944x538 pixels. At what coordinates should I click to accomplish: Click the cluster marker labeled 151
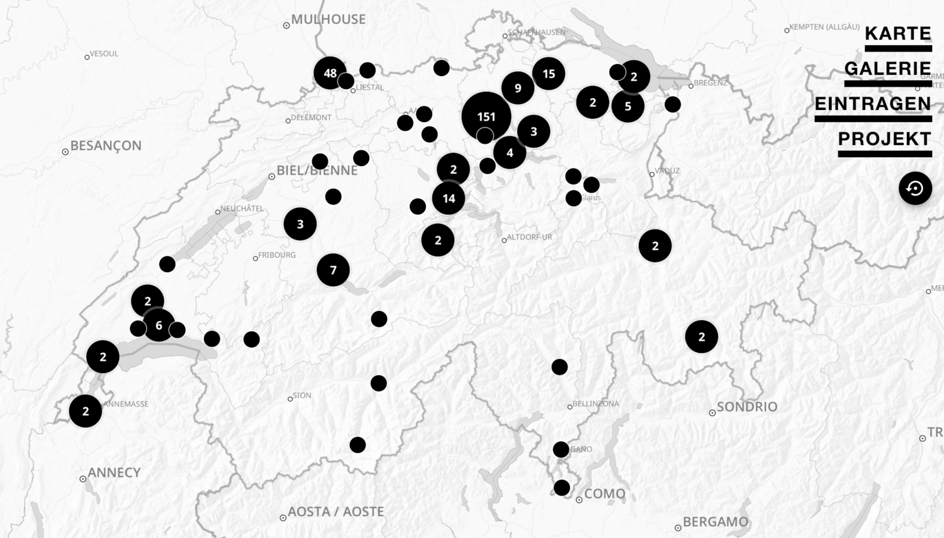(486, 116)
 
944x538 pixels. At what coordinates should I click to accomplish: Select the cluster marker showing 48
(330, 73)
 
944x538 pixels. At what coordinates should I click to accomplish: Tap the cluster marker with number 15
(549, 74)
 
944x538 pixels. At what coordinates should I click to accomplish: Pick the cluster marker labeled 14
(449, 199)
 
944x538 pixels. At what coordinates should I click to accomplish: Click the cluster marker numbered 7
(333, 270)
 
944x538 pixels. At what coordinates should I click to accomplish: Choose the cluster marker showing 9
(518, 88)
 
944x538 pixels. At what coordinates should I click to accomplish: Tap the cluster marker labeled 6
(159, 326)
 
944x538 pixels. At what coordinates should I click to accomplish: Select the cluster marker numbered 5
(627, 106)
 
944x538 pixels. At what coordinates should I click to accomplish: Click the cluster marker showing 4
(510, 152)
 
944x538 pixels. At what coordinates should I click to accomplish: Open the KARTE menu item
(897, 33)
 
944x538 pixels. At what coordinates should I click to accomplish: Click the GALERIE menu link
(887, 69)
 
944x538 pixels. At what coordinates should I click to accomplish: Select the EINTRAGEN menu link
(873, 104)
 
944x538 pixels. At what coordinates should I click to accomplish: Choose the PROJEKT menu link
(884, 139)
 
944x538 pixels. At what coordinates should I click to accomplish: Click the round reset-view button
(915, 188)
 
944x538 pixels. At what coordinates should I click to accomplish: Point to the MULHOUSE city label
(328, 19)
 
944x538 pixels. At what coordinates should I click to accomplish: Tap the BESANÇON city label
(105, 146)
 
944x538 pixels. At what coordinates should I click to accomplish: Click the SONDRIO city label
(746, 407)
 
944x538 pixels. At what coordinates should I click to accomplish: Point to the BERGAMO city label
(715, 522)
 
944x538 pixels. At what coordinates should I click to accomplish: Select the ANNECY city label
(114, 473)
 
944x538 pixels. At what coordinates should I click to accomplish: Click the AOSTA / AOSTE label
(335, 512)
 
